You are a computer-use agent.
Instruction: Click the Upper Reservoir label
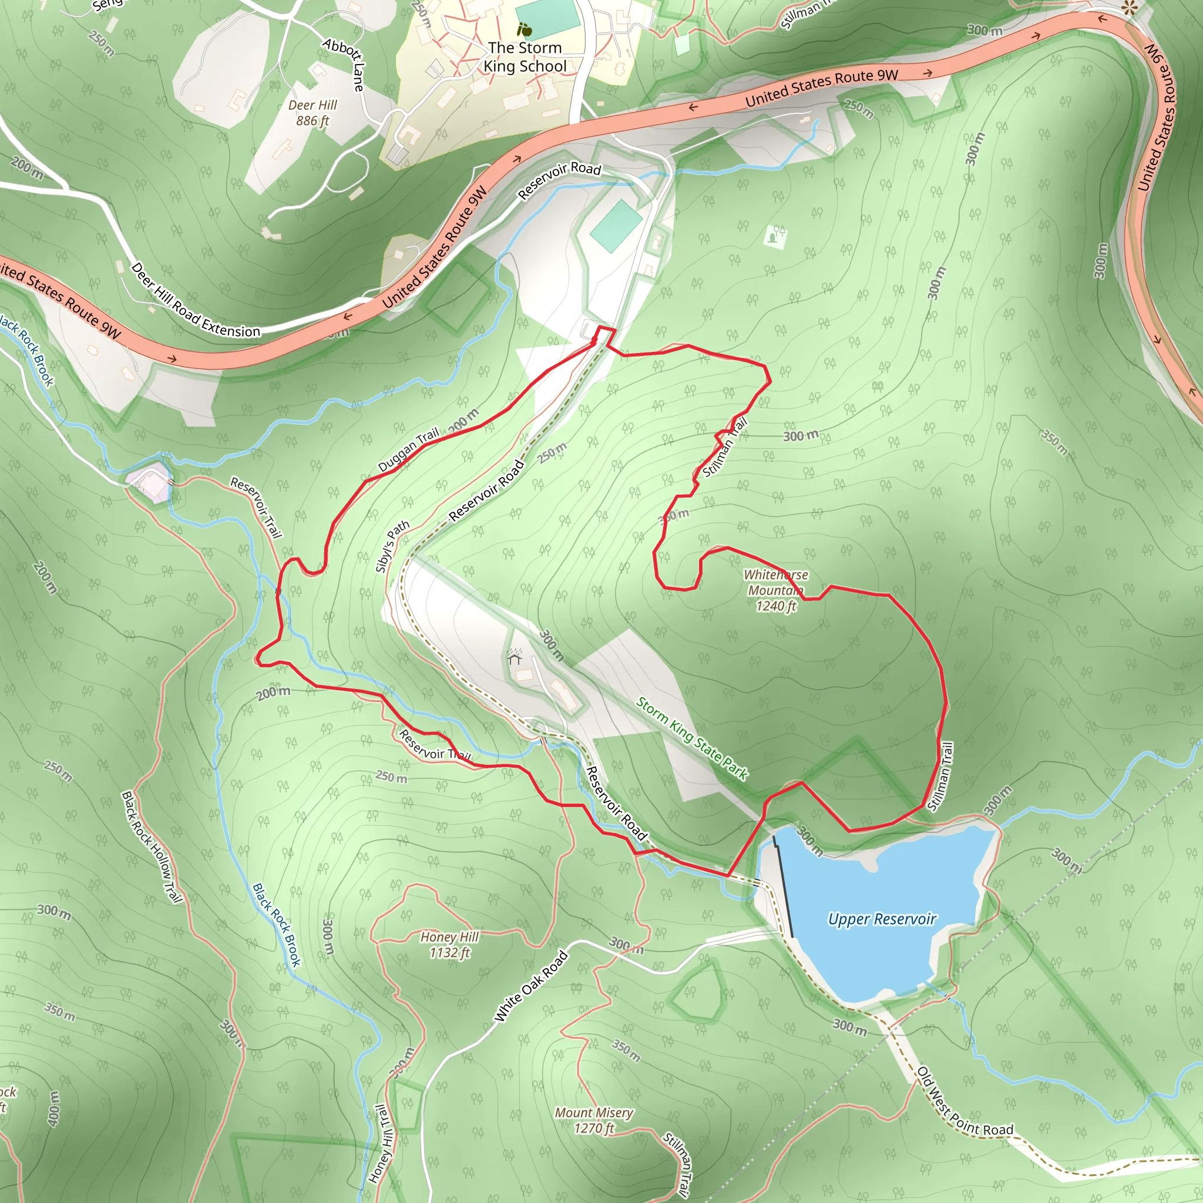coord(882,919)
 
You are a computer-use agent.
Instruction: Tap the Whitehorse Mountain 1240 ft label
coord(775,590)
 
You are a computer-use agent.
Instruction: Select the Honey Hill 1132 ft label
coord(449,945)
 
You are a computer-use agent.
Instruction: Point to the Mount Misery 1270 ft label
coord(594,1120)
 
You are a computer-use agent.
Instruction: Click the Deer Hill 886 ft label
coord(312,113)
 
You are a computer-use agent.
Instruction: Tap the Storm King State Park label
coord(692,738)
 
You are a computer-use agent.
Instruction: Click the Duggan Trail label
coord(408,449)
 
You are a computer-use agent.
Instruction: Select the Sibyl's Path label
coord(392,546)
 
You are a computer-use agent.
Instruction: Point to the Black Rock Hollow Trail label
coord(152,847)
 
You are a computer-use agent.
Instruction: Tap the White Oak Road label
coord(530,986)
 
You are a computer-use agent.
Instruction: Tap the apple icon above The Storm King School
coord(525,29)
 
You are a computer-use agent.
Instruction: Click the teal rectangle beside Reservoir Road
coord(616,226)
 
